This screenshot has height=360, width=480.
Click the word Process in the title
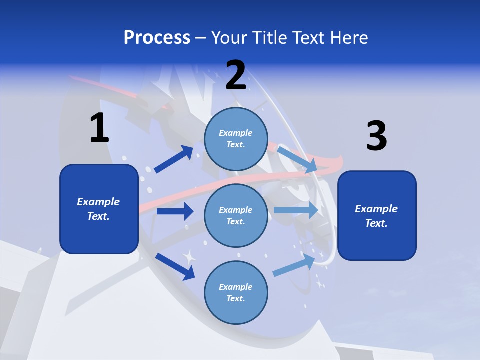157,38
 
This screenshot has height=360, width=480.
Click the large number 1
99,128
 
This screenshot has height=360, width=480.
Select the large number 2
236,76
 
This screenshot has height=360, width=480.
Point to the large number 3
376,136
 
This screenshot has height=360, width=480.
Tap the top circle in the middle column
236,138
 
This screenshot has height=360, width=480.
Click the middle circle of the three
236,215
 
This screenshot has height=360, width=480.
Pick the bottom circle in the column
236,292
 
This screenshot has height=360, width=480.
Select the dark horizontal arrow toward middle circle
175,211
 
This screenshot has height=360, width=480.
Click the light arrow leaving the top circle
297,159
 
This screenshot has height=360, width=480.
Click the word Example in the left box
98,202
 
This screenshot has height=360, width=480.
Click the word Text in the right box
375,223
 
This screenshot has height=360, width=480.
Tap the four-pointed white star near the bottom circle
189,257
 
